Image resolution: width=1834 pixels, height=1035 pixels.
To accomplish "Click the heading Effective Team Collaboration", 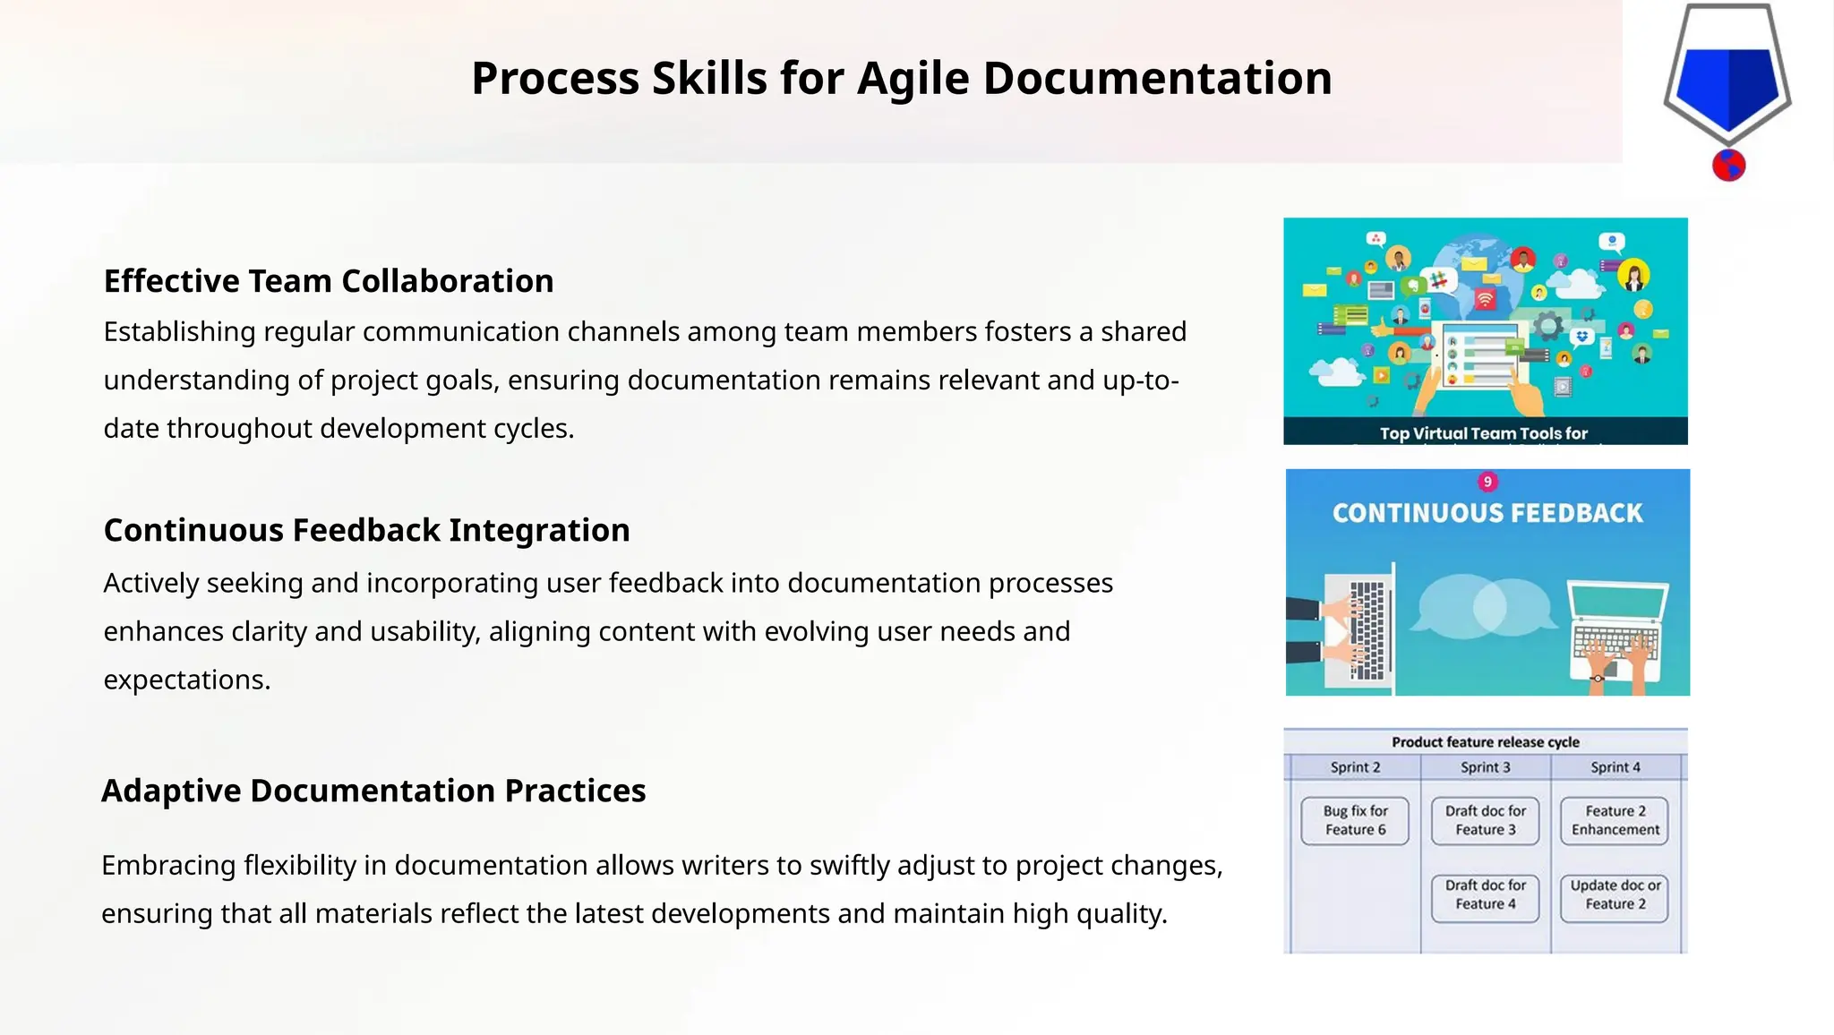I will click(329, 281).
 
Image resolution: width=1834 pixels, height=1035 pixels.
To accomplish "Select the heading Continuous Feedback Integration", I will click(366, 530).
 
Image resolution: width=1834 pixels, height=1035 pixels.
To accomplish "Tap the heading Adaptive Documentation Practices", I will click(373, 791).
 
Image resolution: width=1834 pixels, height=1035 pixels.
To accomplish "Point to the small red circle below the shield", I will click(1728, 166).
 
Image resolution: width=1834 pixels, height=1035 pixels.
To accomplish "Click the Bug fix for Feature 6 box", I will click(1355, 820).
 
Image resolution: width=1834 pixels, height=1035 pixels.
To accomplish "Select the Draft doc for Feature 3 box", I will click(1485, 820).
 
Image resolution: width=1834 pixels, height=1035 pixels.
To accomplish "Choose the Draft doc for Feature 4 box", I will click(1485, 894).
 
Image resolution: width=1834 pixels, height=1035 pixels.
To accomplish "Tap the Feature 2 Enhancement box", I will click(1615, 820).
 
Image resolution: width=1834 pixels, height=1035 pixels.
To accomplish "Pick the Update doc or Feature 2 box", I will click(1615, 894).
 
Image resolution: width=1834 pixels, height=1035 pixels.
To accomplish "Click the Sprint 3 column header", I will click(1485, 767).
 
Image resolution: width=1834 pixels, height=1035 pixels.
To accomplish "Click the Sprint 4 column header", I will click(1615, 767).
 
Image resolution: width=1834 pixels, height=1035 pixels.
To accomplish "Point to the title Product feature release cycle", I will click(1485, 742).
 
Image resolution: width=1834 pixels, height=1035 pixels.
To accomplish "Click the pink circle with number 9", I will click(1487, 482).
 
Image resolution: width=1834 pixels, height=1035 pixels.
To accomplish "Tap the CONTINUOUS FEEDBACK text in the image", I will click(1487, 513).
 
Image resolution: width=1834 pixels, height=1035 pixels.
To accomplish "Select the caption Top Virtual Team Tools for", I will click(1483, 433).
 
